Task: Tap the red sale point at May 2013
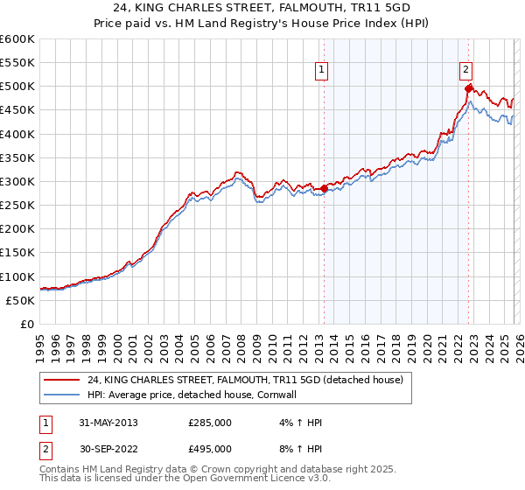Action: tap(324, 188)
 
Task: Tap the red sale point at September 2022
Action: tap(469, 88)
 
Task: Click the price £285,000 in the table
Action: tap(210, 423)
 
